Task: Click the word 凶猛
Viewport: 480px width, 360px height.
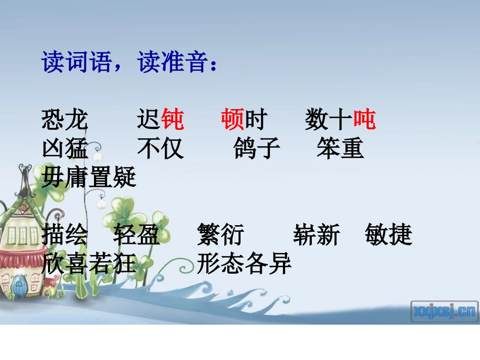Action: [65, 149]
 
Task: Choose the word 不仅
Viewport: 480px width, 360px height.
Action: [161, 149]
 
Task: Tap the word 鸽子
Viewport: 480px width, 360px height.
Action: [257, 149]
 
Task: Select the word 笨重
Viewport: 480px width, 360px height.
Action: [340, 149]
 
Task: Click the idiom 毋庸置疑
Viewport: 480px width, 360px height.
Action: [89, 177]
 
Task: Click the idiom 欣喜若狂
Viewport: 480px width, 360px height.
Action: [89, 263]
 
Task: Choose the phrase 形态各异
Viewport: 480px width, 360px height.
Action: [245, 263]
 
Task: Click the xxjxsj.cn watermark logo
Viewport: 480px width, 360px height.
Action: [444, 311]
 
